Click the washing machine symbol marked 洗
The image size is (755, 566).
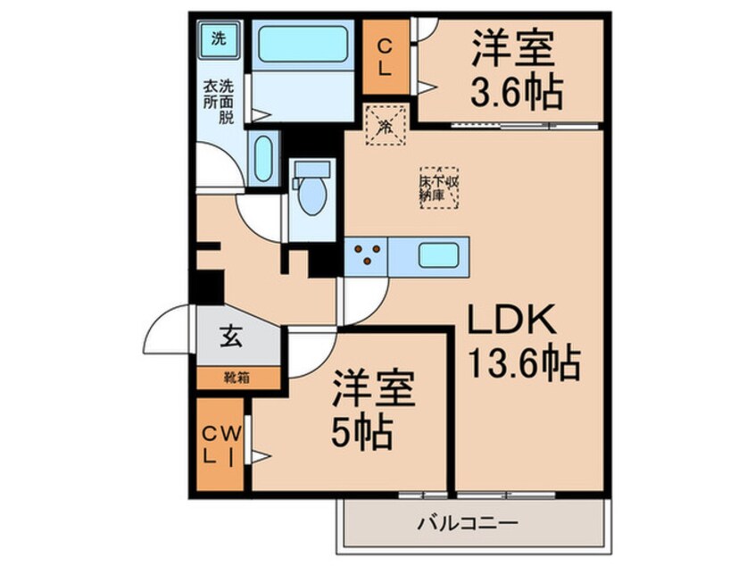pos(217,38)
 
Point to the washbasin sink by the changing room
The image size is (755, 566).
pos(263,158)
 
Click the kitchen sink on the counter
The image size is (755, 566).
pos(438,255)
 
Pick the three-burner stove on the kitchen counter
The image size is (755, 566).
pos(367,255)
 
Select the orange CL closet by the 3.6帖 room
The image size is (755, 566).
pos(386,54)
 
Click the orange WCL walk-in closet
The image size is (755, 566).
pos(220,444)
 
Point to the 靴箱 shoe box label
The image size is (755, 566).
pos(236,377)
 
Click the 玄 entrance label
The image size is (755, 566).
pos(231,337)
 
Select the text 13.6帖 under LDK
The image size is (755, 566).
pos(525,363)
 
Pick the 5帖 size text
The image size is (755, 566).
pos(361,433)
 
